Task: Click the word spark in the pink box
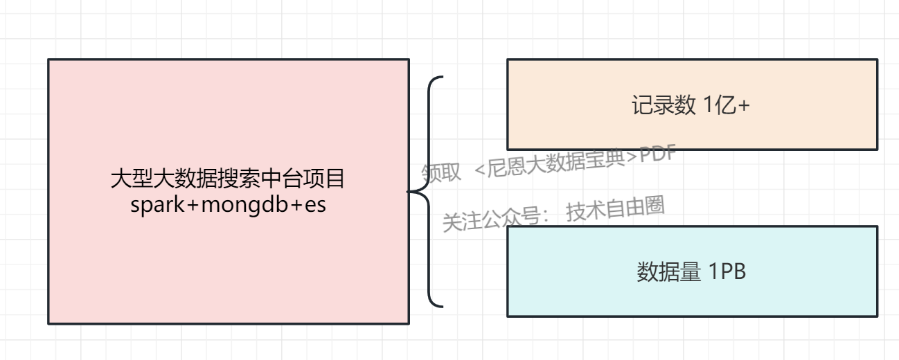(x=152, y=205)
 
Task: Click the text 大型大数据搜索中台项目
(x=228, y=180)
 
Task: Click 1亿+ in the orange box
(x=727, y=106)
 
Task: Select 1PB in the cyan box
(x=727, y=272)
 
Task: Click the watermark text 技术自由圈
(x=615, y=210)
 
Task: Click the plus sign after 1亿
(x=745, y=107)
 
